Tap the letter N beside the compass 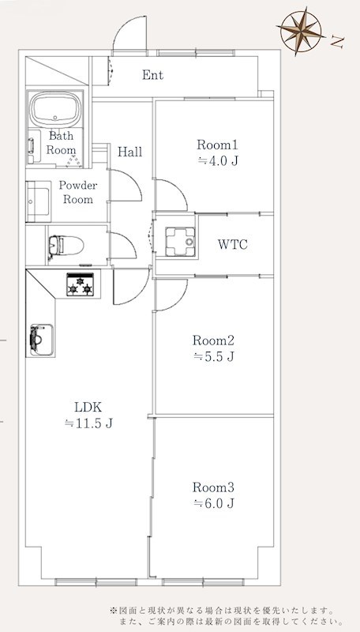point(337,41)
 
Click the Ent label point(152,75)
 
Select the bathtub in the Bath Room point(56,110)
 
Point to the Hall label point(129,152)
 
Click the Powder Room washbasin point(38,201)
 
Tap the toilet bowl point(66,245)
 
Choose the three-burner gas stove point(81,284)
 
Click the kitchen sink point(41,340)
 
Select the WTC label point(232,244)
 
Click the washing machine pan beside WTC point(180,242)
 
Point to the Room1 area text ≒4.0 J point(218,161)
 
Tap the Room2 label point(213,340)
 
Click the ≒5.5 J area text point(213,357)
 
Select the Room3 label point(213,487)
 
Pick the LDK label point(87,407)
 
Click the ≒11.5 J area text point(88,423)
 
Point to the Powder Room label point(78,192)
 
